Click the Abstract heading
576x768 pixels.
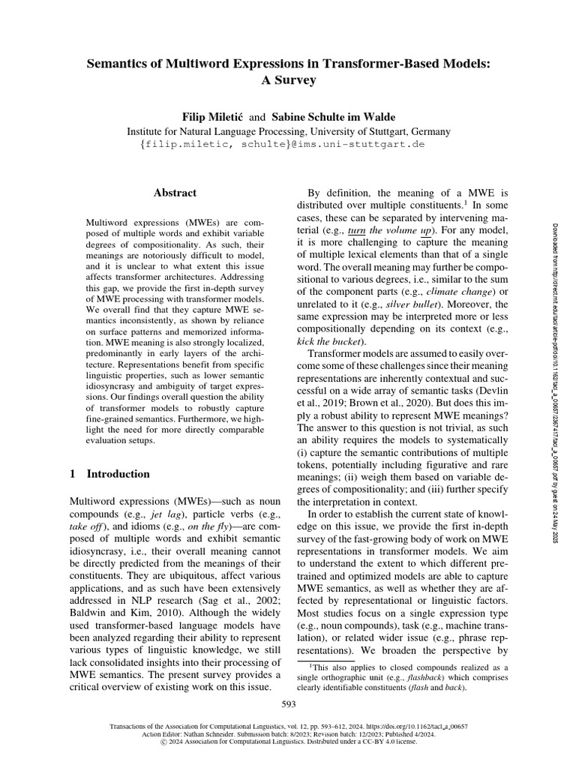[175, 193]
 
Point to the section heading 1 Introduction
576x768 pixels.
[109, 474]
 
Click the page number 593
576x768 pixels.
[289, 703]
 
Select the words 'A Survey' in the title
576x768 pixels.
[288, 79]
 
